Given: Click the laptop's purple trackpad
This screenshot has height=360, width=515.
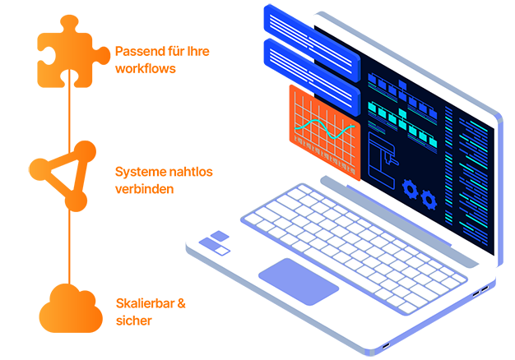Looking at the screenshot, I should click(x=298, y=279).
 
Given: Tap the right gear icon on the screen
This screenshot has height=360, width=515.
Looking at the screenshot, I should click(x=429, y=197).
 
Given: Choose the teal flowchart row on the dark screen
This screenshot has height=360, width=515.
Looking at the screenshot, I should click(x=403, y=116).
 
